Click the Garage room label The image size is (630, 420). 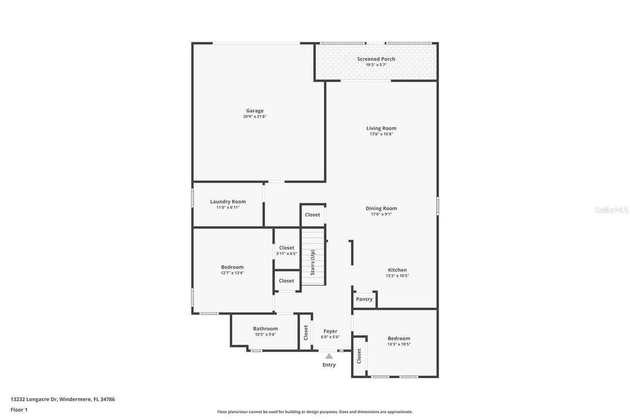point(255,111)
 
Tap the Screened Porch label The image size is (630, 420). point(376,59)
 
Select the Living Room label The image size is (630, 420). point(381,129)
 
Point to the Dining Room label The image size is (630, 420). point(381,208)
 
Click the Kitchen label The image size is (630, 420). point(397,270)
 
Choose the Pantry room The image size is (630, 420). point(364,299)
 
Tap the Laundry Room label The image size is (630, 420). point(228,201)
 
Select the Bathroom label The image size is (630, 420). point(265,328)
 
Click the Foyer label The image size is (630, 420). point(330,331)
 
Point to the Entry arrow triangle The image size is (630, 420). point(329,356)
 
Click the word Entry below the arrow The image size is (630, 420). point(329,365)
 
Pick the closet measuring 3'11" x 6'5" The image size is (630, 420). point(286,250)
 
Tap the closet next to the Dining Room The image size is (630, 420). point(313,215)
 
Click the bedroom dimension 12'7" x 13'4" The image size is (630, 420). point(232,273)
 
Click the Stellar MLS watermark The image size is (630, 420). point(611,210)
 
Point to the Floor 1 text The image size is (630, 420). point(19,410)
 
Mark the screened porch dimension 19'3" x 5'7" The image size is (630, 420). point(376,65)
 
